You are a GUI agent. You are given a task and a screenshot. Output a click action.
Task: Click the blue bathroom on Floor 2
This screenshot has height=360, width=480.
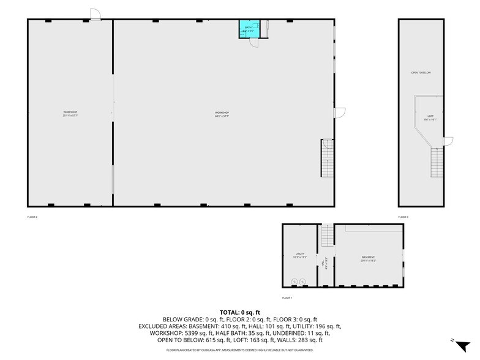pyautogui.click(x=249, y=29)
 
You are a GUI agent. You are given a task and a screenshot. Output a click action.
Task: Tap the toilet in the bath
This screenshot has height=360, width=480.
pyautogui.click(x=256, y=26)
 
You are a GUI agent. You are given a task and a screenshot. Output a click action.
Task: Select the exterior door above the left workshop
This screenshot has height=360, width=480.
pyautogui.click(x=96, y=14)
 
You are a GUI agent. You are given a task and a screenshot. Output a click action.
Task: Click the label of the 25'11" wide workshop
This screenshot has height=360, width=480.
pyautogui.click(x=70, y=114)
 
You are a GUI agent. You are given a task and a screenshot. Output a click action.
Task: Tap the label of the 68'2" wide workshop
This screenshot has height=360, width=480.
pyautogui.click(x=222, y=114)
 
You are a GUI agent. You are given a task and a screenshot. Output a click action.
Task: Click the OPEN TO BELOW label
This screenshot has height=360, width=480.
pyautogui.click(x=421, y=73)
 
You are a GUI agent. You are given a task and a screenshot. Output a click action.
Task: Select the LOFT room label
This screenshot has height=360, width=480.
pyautogui.click(x=430, y=118)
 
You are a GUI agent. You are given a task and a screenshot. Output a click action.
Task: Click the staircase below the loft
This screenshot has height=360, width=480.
pyautogui.click(x=436, y=162)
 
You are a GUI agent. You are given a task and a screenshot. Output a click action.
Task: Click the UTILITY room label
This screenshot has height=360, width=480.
pyautogui.click(x=299, y=255)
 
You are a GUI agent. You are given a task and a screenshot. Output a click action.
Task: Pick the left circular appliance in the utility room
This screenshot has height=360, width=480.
pyautogui.click(x=294, y=281)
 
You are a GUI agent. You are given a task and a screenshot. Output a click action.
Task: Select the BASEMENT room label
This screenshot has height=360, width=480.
pyautogui.click(x=367, y=258)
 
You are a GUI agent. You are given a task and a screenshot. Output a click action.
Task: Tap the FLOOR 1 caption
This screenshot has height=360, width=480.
pyautogui.click(x=287, y=298)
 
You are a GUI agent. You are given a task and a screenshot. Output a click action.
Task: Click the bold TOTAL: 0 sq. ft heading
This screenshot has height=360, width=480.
pyautogui.click(x=240, y=312)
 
